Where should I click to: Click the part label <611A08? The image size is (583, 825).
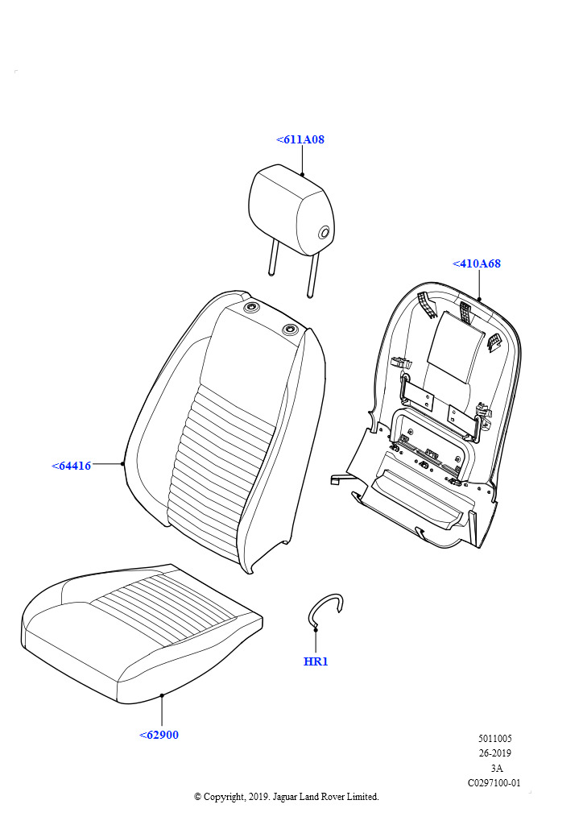(x=300, y=139)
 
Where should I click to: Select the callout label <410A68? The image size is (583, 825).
(x=477, y=263)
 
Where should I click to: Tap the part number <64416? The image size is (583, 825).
(x=72, y=466)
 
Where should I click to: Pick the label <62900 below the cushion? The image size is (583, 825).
(x=159, y=735)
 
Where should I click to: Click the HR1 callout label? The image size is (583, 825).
(x=316, y=661)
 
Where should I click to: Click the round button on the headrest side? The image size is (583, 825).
(x=325, y=233)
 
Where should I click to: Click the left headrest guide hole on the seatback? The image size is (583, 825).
(x=252, y=307)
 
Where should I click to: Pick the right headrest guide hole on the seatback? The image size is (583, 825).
(x=290, y=330)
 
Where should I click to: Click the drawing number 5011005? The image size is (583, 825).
(x=494, y=738)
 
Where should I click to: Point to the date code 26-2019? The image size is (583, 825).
(x=494, y=753)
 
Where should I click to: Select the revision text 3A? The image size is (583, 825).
(x=496, y=768)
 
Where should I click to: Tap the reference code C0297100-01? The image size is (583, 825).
(x=494, y=783)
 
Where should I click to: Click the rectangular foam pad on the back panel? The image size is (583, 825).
(x=455, y=347)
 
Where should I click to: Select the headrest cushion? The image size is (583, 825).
(x=291, y=210)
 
